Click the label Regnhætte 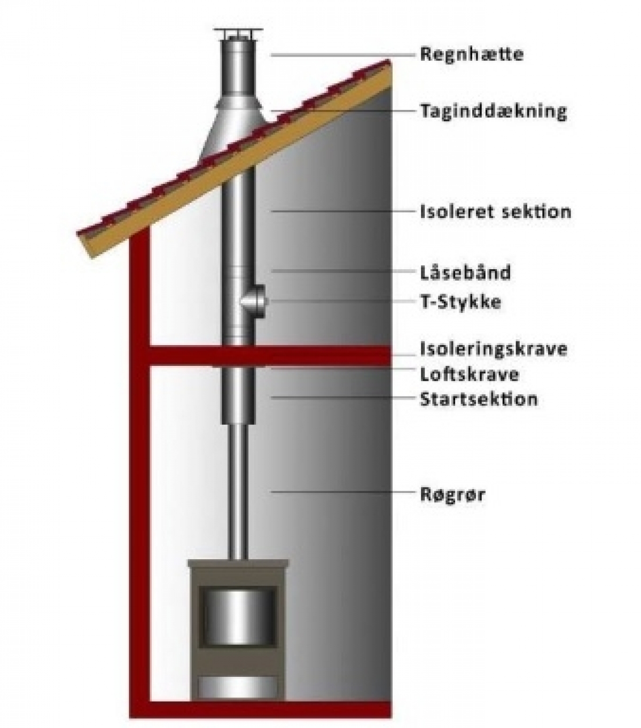pyautogui.click(x=471, y=54)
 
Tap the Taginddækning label pyautogui.click(x=493, y=112)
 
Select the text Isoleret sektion pyautogui.click(x=495, y=212)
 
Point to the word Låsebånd pyautogui.click(x=465, y=272)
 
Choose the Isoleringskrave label pyautogui.click(x=493, y=349)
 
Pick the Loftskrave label pyautogui.click(x=469, y=374)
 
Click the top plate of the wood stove pyautogui.click(x=238, y=564)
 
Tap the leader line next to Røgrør pyautogui.click(x=342, y=491)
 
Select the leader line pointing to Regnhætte pyautogui.click(x=342, y=54)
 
